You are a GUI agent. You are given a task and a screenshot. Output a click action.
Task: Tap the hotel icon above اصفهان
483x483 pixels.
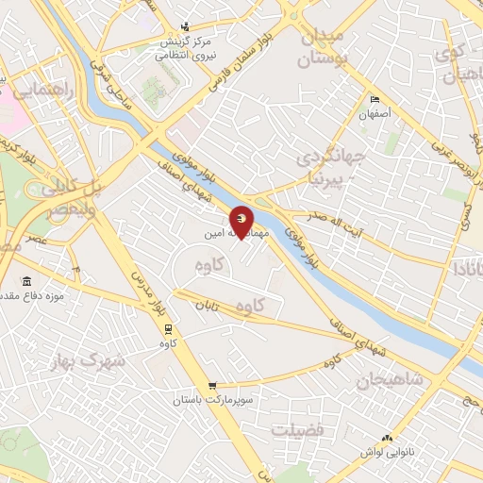pyautogui.click(x=375, y=100)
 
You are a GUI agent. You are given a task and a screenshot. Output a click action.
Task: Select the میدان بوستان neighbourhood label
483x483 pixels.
pyautogui.click(x=323, y=47)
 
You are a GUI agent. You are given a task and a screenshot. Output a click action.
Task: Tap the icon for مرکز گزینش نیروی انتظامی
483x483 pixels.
pyautogui.click(x=185, y=25)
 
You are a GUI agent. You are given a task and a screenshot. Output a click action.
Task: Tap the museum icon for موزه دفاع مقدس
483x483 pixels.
pyautogui.click(x=25, y=281)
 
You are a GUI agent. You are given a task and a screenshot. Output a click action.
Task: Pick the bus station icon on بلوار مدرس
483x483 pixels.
pyautogui.click(x=169, y=328)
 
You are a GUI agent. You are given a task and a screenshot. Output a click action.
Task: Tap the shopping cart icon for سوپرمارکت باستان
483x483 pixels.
pyautogui.click(x=212, y=385)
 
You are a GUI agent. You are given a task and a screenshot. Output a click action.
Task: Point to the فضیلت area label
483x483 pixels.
pyautogui.click(x=297, y=430)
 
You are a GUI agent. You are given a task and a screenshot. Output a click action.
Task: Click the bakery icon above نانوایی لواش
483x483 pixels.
pyautogui.click(x=388, y=438)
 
